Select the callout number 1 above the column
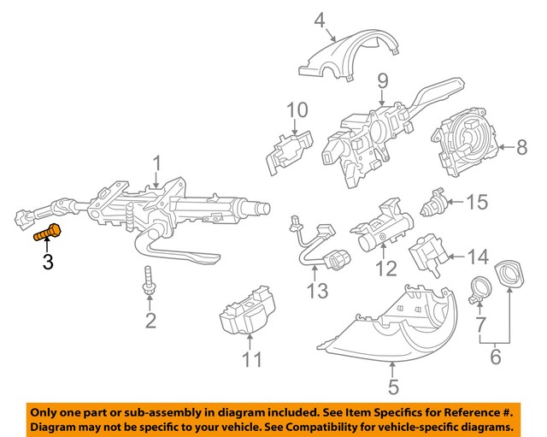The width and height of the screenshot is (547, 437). (x=156, y=163)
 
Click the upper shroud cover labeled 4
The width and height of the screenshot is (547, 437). (x=350, y=56)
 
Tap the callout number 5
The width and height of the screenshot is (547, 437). (x=392, y=387)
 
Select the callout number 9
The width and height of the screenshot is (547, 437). (x=382, y=83)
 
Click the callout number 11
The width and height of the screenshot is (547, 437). (x=250, y=359)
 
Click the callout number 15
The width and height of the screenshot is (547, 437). (x=476, y=203)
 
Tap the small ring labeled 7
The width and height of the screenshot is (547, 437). (x=479, y=288)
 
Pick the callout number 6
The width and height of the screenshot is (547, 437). (x=496, y=357)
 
